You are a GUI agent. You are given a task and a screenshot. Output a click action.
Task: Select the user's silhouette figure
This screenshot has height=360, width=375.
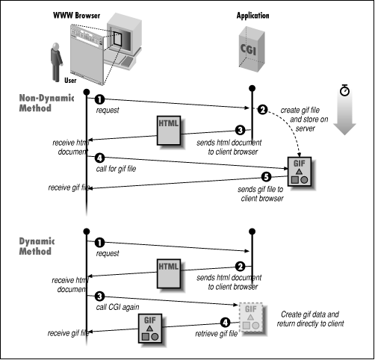(x=55, y=63)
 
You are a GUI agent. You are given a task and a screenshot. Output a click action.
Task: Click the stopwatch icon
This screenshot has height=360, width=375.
(x=344, y=90)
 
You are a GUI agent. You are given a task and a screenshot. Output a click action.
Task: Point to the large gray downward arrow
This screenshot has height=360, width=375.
(x=344, y=120)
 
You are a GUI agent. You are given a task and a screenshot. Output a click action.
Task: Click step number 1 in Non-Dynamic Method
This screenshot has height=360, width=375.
(x=99, y=99)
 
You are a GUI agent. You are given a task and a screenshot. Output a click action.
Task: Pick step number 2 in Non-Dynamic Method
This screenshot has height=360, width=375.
(x=262, y=110)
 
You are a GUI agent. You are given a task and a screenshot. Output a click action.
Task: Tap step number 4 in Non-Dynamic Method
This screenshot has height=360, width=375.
(x=99, y=157)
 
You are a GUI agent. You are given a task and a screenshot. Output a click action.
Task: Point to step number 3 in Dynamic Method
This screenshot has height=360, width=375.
(x=99, y=297)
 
